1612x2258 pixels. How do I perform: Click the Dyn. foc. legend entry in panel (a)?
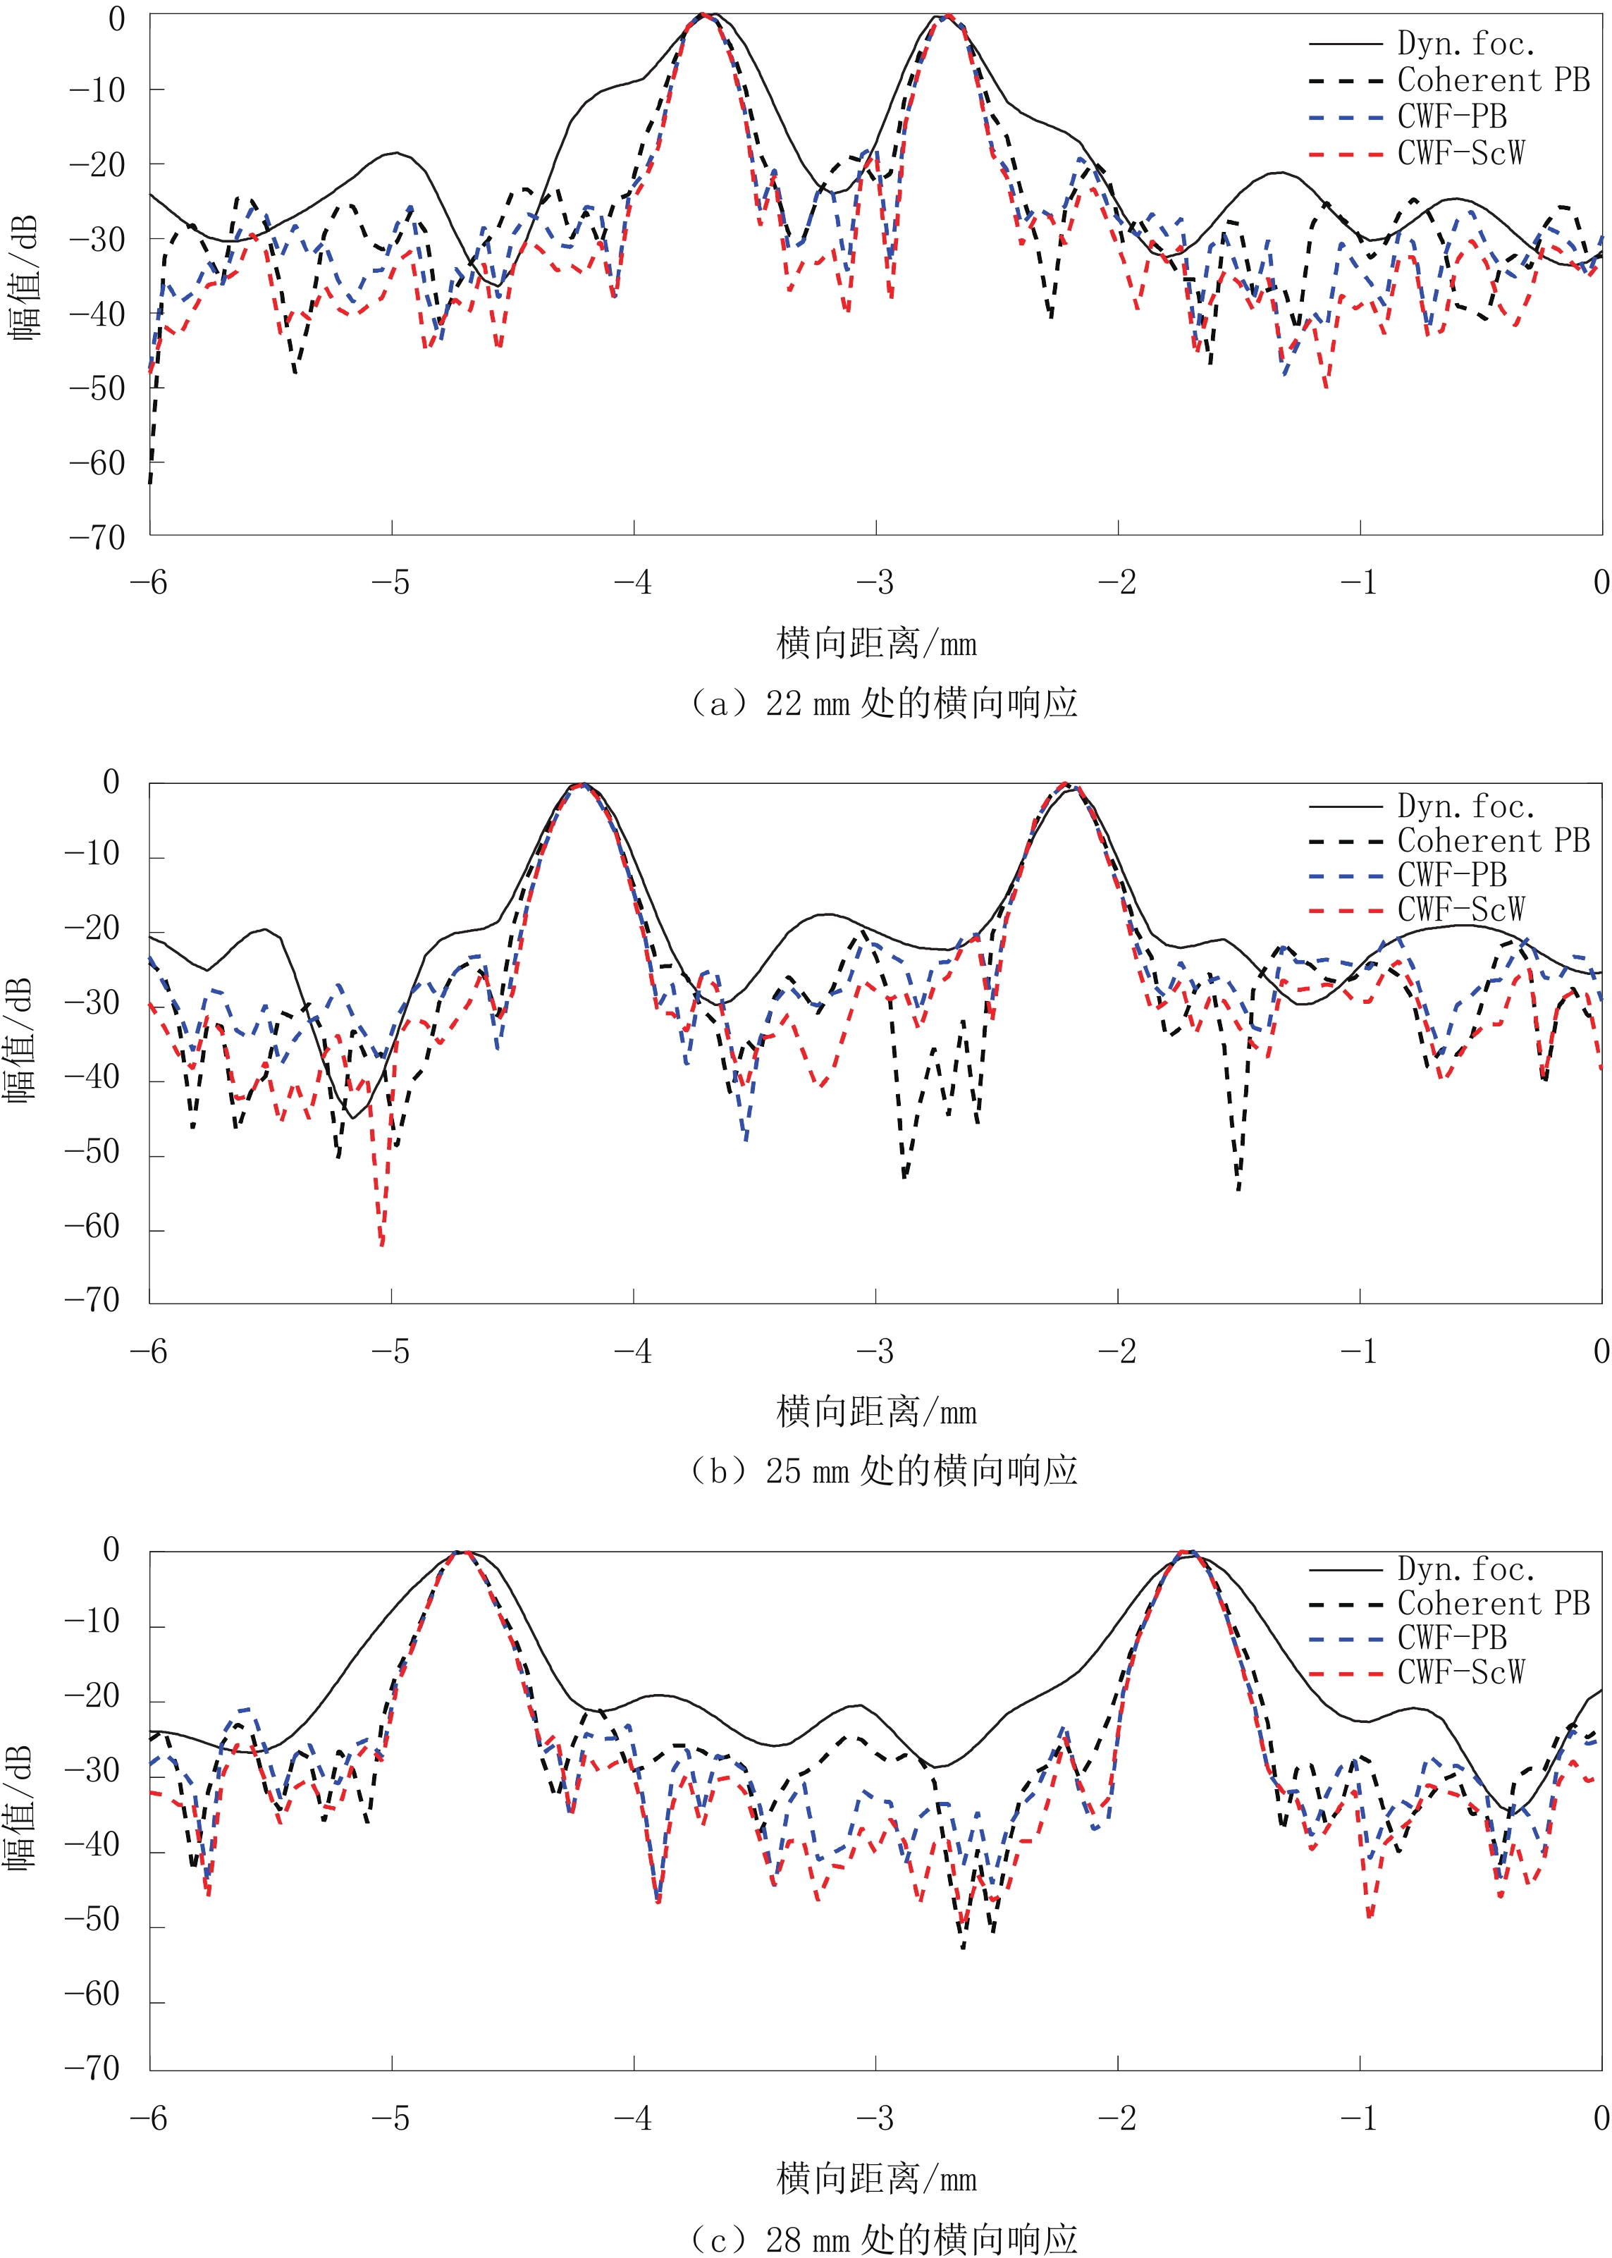point(1465,44)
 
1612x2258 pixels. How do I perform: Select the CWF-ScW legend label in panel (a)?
point(1460,153)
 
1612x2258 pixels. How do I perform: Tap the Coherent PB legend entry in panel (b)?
point(1493,841)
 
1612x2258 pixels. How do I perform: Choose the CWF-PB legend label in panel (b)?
point(1451,876)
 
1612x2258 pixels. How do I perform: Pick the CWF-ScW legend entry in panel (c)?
point(1460,1672)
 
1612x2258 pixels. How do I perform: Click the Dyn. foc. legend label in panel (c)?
point(1465,1569)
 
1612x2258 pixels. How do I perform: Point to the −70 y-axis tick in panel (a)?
point(97,538)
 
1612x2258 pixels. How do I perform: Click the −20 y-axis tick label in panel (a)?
point(97,165)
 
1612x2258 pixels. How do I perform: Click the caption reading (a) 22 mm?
point(883,703)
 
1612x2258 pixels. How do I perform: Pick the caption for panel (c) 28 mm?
point(883,2238)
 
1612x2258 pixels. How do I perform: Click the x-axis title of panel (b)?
point(876,1411)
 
